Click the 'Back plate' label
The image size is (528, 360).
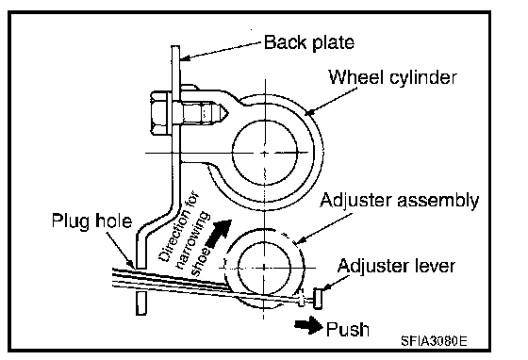pos(309,43)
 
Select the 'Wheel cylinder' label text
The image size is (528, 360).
pos(392,77)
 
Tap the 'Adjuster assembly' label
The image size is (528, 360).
pos(399,201)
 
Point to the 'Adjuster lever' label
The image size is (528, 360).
pos(396,266)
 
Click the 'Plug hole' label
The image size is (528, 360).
pos(91,221)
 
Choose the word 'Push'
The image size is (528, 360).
pos(348,330)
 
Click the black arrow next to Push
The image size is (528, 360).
pos(308,325)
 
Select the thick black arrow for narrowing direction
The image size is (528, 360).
pos(219,234)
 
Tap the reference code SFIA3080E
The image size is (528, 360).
pos(434,341)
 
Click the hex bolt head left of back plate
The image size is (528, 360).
pos(158,113)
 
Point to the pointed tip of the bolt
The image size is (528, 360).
pos(228,112)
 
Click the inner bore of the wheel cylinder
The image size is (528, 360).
pos(265,153)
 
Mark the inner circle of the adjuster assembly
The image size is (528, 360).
pos(264,268)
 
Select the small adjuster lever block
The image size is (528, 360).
pos(318,298)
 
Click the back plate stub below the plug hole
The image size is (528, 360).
pos(141,303)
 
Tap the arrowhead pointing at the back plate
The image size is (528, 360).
pos(184,58)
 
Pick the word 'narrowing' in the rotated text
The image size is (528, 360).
pos(193,241)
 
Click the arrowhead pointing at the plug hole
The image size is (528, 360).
pos(131,265)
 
